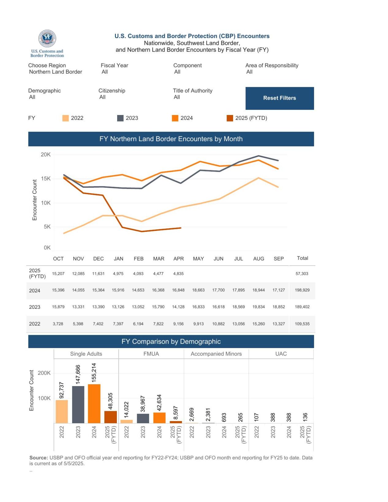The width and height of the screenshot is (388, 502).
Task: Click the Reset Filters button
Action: (279, 98)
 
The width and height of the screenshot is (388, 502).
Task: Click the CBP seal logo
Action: (47, 39)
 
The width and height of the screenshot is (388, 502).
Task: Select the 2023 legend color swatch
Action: (120, 118)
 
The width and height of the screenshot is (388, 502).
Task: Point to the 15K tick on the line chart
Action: (46, 178)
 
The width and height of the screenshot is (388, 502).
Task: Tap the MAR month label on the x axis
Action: (159, 259)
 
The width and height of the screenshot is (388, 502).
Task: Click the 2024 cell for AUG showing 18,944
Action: (258, 290)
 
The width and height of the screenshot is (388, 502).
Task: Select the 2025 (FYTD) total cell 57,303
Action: (302, 274)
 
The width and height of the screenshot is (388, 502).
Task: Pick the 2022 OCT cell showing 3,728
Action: (58, 324)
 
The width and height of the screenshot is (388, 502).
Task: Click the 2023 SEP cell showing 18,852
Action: (279, 307)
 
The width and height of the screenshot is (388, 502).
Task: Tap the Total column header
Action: (302, 258)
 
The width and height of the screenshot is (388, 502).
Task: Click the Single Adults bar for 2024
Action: (94, 404)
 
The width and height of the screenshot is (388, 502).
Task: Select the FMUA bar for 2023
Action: (143, 418)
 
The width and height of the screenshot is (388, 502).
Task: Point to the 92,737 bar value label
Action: (62, 390)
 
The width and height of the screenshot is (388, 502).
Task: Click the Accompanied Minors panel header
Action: (216, 354)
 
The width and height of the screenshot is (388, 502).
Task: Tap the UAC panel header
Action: (281, 354)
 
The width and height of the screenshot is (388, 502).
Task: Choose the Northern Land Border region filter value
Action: (56, 72)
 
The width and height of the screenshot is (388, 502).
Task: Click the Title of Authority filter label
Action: (192, 91)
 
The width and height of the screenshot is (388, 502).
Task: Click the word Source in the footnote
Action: (39, 458)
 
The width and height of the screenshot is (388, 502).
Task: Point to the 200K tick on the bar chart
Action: (44, 373)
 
